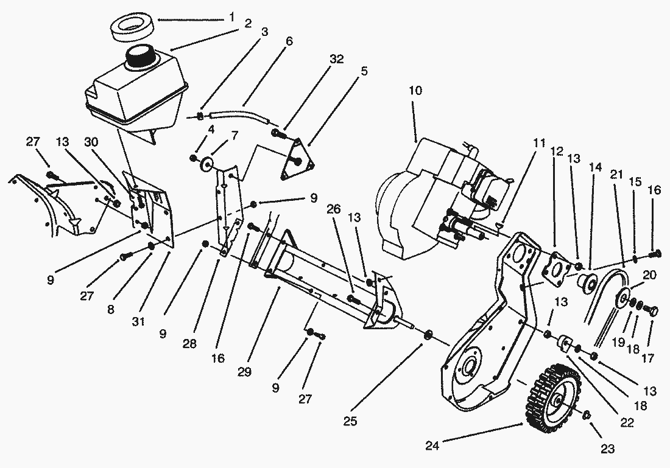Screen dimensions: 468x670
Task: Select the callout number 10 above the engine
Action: click(415, 91)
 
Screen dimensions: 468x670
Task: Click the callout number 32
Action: click(337, 59)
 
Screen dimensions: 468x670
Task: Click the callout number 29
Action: click(245, 371)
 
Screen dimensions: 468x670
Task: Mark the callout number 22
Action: click(627, 422)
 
